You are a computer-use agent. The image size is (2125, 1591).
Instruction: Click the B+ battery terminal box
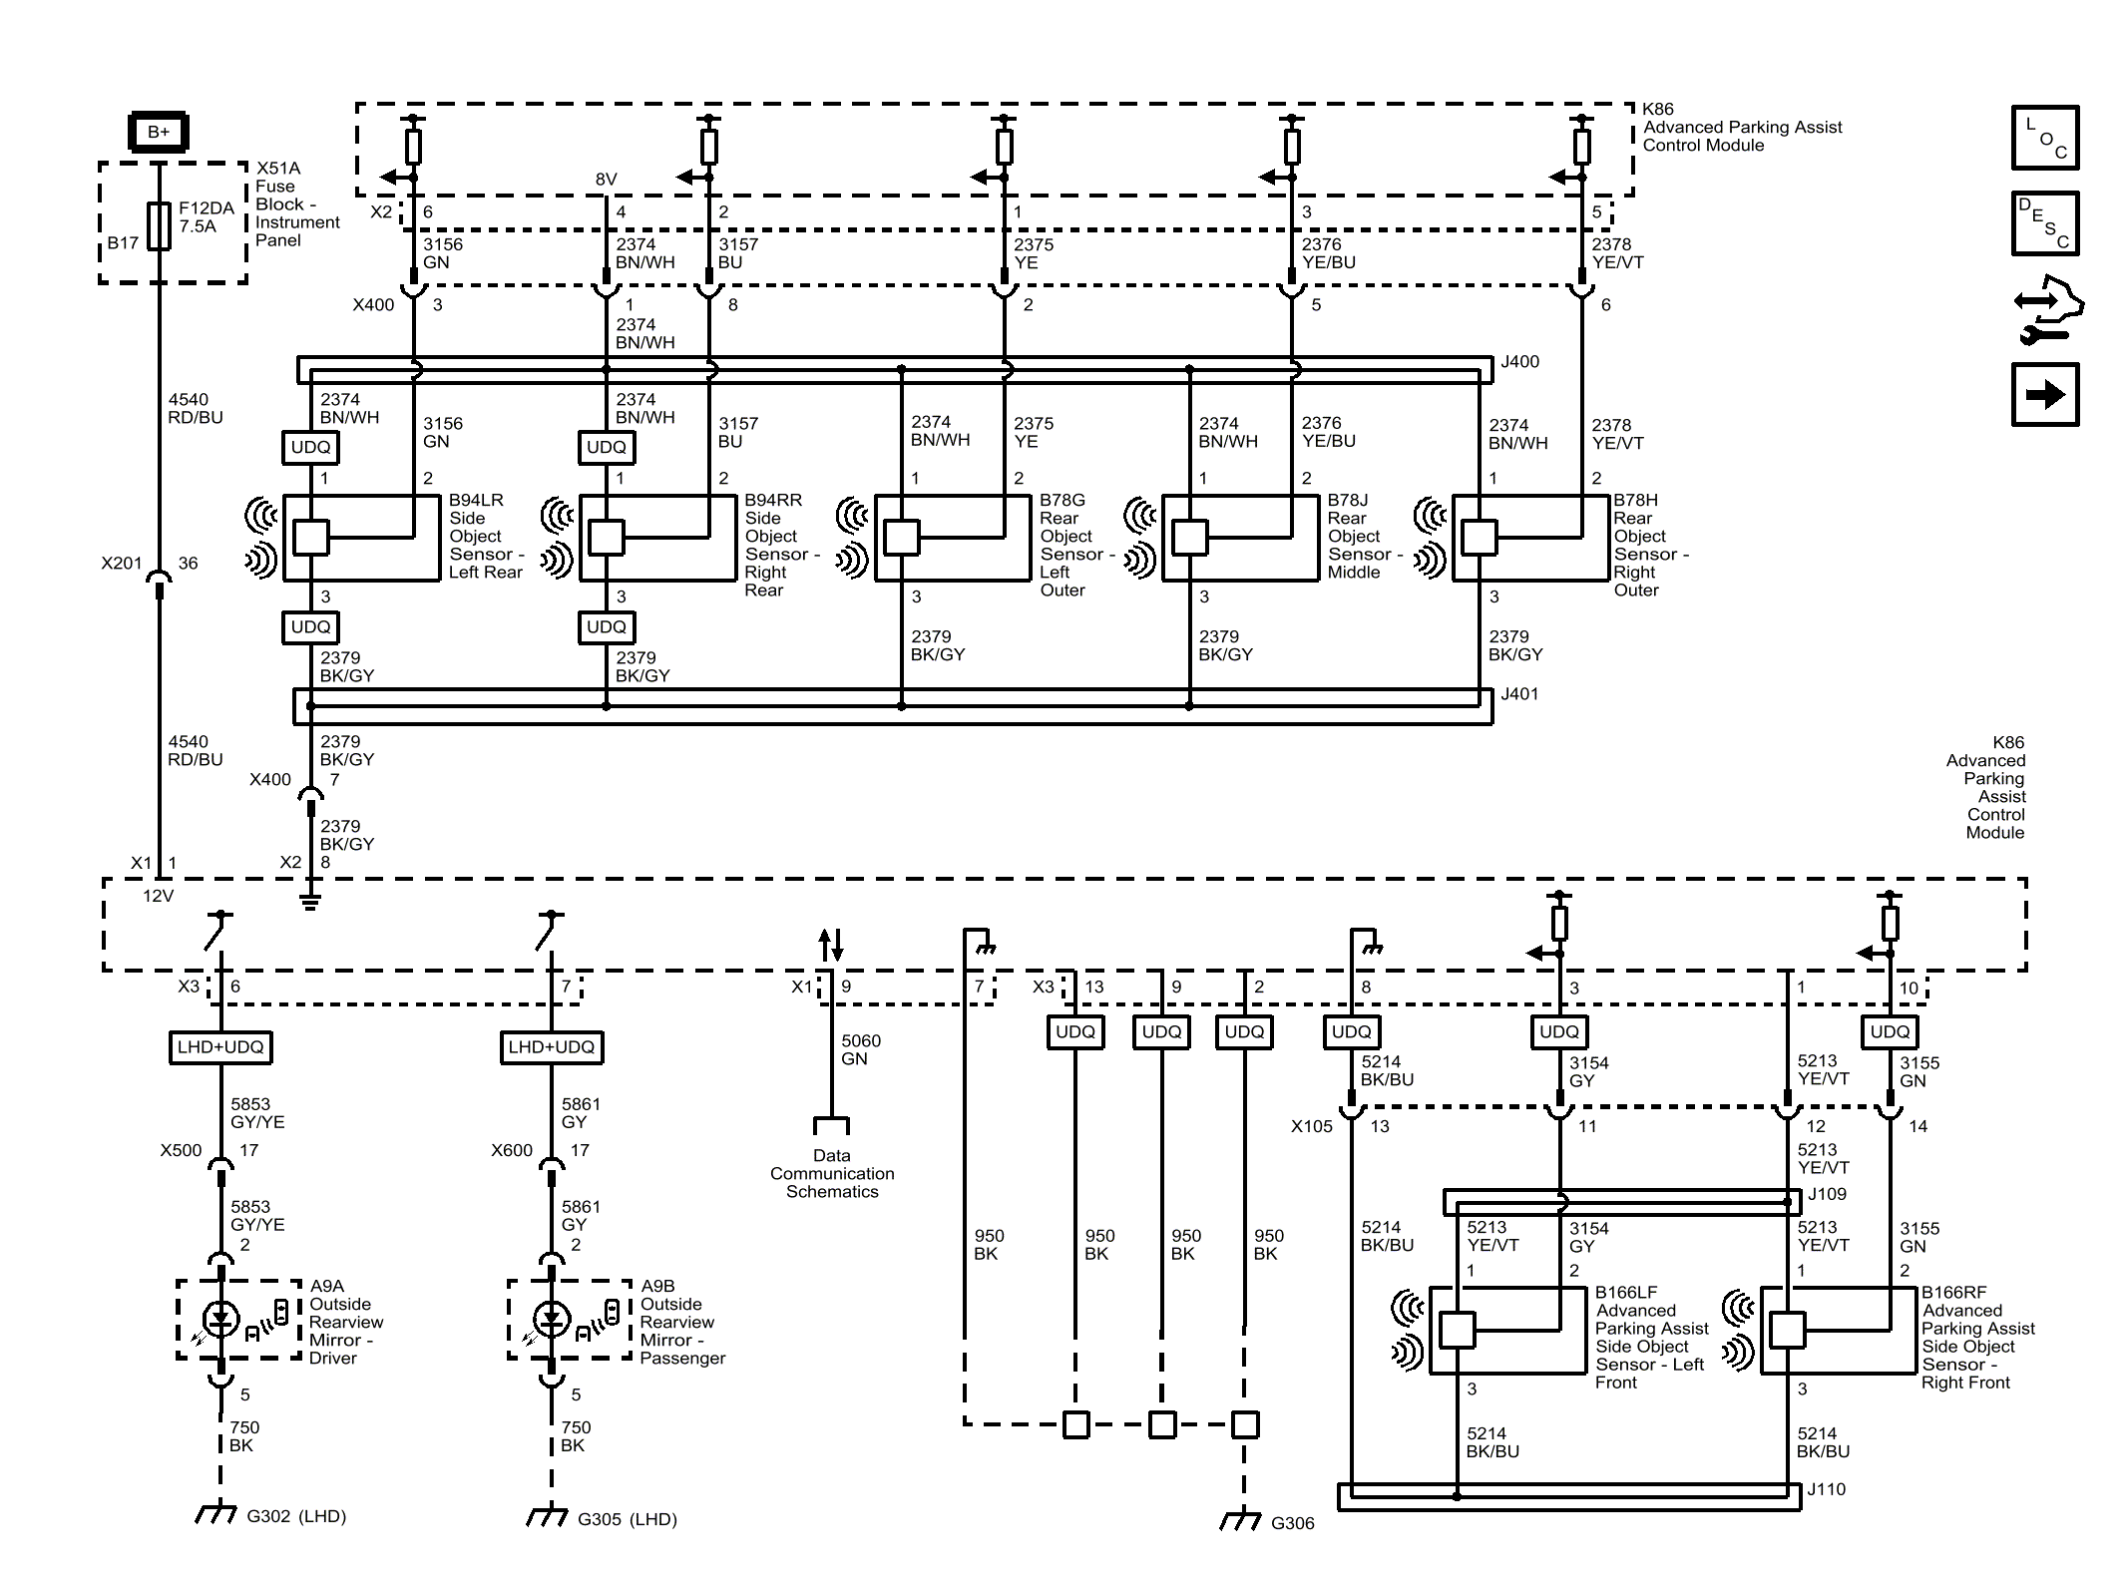pyautogui.click(x=159, y=132)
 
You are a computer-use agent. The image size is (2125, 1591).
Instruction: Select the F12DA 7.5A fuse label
pyautogui.click(x=206, y=217)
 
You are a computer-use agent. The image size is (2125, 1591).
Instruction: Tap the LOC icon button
pyautogui.click(x=2044, y=138)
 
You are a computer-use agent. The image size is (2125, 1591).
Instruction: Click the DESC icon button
pyautogui.click(x=2044, y=223)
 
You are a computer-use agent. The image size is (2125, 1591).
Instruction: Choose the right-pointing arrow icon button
pyautogui.click(x=2044, y=395)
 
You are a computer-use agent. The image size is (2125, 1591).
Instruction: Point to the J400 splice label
pyautogui.click(x=1519, y=362)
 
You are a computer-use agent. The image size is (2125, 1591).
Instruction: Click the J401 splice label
pyautogui.click(x=1519, y=694)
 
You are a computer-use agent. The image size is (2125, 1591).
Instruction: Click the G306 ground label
pyautogui.click(x=1292, y=1523)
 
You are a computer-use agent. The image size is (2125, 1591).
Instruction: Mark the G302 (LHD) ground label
pyautogui.click(x=295, y=1516)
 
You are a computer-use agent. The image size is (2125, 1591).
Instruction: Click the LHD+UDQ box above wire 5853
pyautogui.click(x=220, y=1046)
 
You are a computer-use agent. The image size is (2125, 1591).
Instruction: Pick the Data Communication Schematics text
pyautogui.click(x=831, y=1173)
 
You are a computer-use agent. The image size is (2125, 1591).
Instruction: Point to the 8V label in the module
pyautogui.click(x=606, y=180)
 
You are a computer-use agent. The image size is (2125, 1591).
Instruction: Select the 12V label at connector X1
pyautogui.click(x=158, y=896)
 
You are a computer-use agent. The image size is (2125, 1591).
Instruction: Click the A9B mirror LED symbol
pyautogui.click(x=551, y=1319)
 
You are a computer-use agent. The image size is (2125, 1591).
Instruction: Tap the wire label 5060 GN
pyautogui.click(x=860, y=1049)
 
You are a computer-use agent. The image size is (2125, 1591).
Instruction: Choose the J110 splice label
pyautogui.click(x=1826, y=1489)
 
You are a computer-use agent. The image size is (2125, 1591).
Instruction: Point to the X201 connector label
pyautogui.click(x=122, y=564)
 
